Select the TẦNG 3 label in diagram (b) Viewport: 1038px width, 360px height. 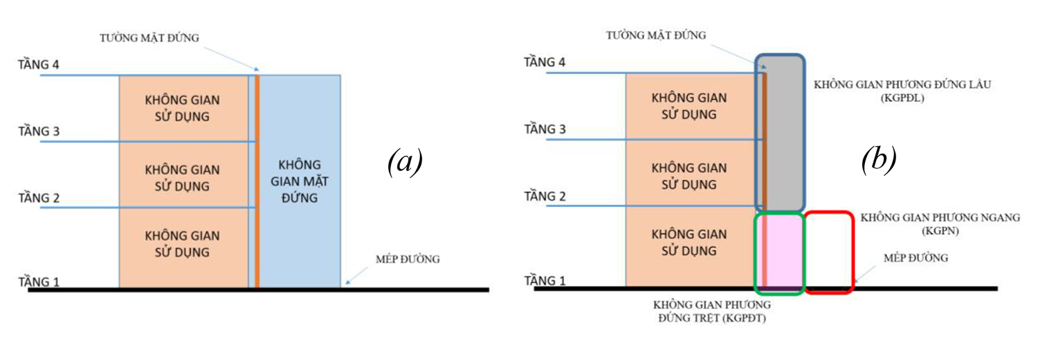(545, 129)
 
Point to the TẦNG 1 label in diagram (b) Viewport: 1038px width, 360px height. (545, 280)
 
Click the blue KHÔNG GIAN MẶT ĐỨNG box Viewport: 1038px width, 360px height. (300, 181)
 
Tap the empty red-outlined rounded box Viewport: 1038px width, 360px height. (828, 251)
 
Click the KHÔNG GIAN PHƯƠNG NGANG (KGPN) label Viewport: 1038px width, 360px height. (940, 223)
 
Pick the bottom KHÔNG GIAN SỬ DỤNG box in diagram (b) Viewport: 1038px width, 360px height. (689, 242)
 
